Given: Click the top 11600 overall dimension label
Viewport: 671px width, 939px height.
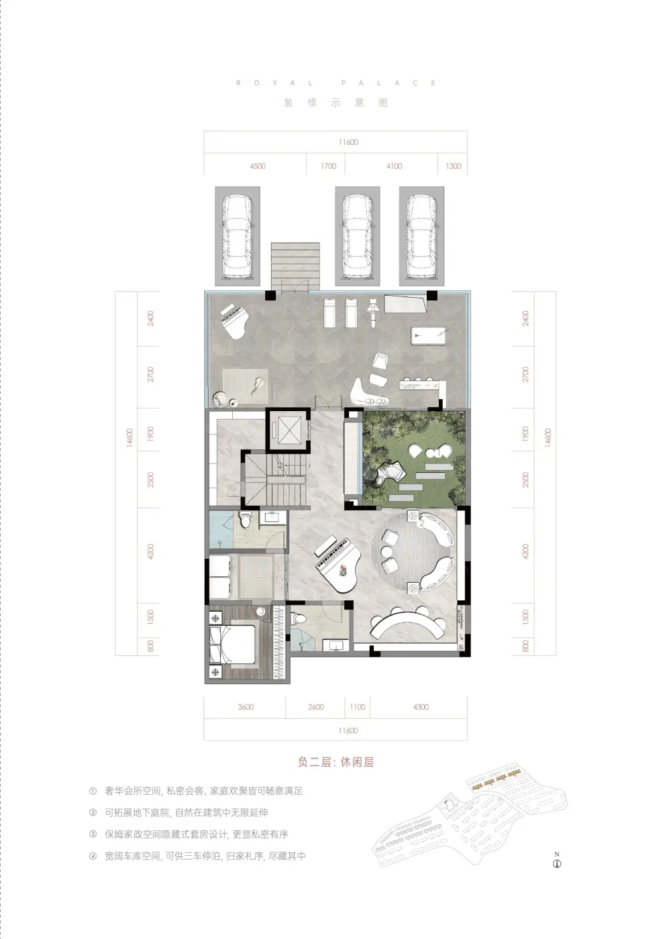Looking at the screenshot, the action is click(348, 142).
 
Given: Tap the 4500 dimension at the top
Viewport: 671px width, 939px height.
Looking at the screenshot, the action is click(258, 166).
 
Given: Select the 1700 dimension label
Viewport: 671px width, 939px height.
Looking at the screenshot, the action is click(328, 166).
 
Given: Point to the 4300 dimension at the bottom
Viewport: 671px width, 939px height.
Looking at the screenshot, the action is click(421, 707).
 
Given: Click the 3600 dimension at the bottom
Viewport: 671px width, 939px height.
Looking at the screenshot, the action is click(246, 707).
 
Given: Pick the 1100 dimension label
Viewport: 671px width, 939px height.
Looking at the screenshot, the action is click(357, 707).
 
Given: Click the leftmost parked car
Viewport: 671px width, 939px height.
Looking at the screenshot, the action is click(238, 236).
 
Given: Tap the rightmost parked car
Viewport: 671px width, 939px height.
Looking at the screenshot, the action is click(421, 236).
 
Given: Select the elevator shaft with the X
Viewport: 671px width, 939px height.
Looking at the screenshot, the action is click(288, 430).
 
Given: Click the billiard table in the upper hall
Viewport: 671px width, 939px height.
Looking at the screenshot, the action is click(430, 335).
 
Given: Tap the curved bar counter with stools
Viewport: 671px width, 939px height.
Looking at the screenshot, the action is click(408, 625).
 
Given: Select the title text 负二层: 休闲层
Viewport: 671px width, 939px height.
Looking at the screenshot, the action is click(335, 762).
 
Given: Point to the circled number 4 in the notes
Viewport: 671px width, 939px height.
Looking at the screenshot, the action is click(93, 856).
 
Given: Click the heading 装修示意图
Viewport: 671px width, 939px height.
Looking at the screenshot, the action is click(335, 103).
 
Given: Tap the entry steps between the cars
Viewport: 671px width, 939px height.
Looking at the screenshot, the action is click(295, 266).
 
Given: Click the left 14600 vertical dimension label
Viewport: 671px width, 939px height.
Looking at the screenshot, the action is click(129, 437).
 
